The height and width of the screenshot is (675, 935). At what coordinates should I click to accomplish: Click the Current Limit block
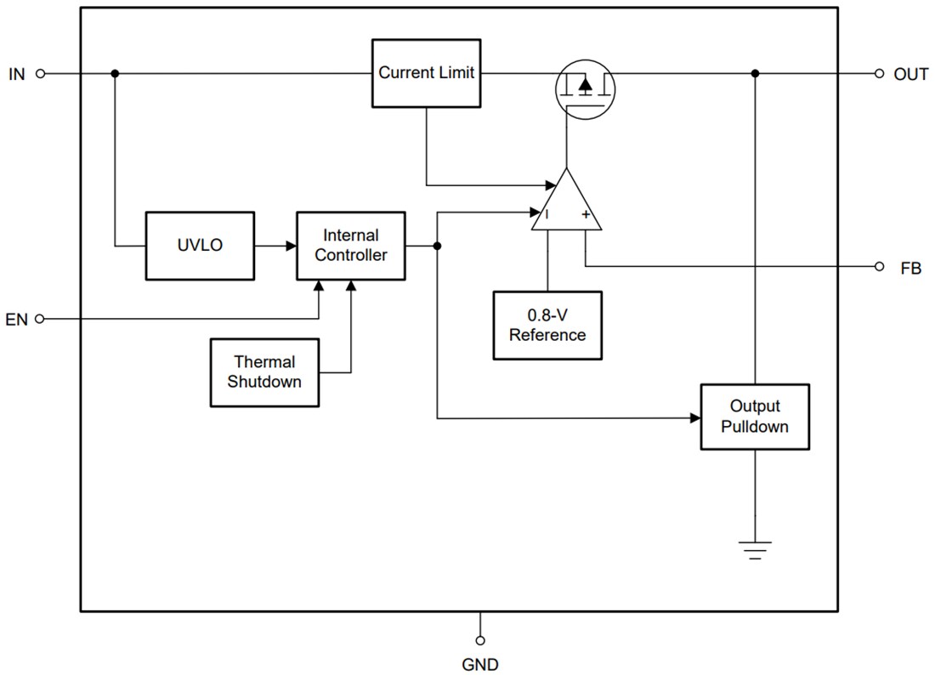[x=427, y=73]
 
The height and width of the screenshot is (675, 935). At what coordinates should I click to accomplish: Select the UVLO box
[x=200, y=246]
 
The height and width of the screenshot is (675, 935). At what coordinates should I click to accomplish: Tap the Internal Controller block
[x=350, y=246]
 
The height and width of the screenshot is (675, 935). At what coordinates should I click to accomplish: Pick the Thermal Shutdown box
[x=264, y=372]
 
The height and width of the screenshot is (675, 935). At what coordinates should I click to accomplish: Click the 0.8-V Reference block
[x=547, y=326]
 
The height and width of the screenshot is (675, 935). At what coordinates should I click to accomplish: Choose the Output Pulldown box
[x=754, y=417]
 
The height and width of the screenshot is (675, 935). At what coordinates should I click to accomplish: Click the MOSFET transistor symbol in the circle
[x=585, y=88]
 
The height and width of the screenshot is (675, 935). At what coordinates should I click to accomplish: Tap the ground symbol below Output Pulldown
[x=755, y=548]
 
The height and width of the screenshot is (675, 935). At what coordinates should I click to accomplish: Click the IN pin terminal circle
[x=39, y=74]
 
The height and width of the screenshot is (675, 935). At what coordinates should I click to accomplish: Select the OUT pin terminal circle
[x=879, y=74]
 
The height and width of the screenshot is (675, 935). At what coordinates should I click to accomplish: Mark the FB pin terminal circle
[x=879, y=267]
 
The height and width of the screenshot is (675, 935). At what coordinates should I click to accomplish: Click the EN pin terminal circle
[x=39, y=319]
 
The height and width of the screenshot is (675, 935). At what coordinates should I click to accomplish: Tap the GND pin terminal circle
[x=480, y=639]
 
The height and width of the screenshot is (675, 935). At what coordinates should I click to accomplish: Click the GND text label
[x=480, y=664]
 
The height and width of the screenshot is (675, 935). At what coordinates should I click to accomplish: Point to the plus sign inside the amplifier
[x=585, y=215]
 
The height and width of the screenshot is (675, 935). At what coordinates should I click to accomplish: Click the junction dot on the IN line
[x=115, y=74]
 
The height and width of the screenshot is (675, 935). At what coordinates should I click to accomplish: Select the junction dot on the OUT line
[x=755, y=74]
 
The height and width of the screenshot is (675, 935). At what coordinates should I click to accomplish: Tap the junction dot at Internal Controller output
[x=437, y=246]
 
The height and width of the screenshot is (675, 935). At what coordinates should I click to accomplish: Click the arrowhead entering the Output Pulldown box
[x=694, y=417]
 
